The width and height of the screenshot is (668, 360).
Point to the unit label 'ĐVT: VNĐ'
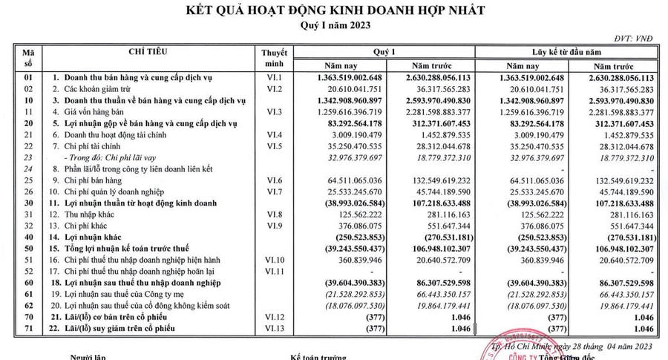click(634, 38)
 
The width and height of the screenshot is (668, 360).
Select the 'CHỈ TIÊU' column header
click(148, 51)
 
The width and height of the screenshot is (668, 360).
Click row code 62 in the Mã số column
click(29, 306)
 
